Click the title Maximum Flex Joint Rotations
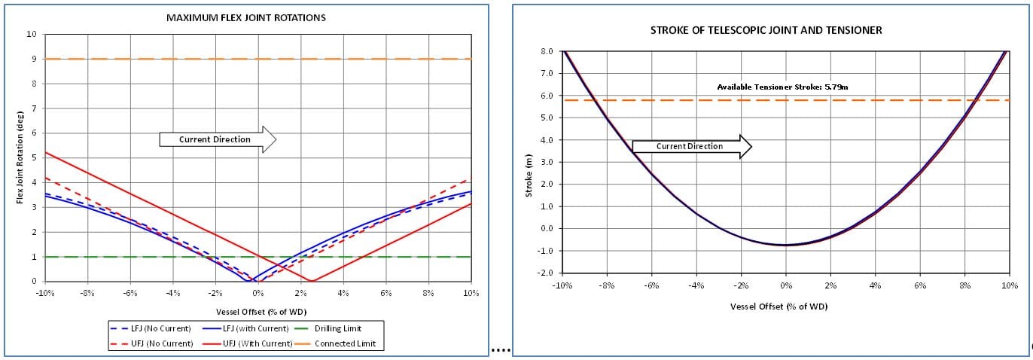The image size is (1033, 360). (x=245, y=17)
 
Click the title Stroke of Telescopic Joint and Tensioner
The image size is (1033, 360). (x=766, y=30)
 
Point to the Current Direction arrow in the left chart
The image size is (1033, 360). (x=218, y=139)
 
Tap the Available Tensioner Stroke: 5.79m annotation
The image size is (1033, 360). (x=782, y=87)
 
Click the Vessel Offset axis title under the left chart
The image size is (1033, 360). (x=257, y=311)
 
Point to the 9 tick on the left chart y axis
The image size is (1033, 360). (x=32, y=59)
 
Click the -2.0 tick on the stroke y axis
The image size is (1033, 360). (x=546, y=273)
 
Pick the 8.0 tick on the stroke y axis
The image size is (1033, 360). (x=547, y=51)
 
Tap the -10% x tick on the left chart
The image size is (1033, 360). (x=45, y=293)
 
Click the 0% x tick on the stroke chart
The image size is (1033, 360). (x=785, y=285)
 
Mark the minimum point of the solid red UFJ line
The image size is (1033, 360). (x=312, y=281)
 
